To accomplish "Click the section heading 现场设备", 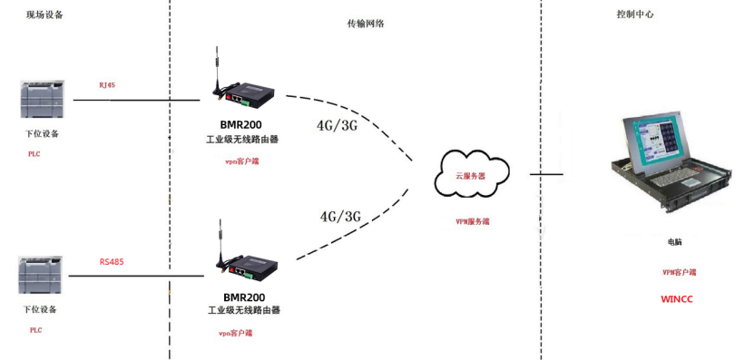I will click(x=45, y=15).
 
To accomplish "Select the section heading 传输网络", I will click(x=367, y=24).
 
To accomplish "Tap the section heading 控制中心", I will click(x=635, y=15).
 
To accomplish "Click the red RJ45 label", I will click(x=107, y=85).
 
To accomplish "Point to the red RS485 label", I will click(x=112, y=262).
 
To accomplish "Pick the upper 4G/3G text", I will click(x=337, y=125).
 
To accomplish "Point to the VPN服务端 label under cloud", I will click(x=473, y=221).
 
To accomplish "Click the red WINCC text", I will click(x=676, y=298).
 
